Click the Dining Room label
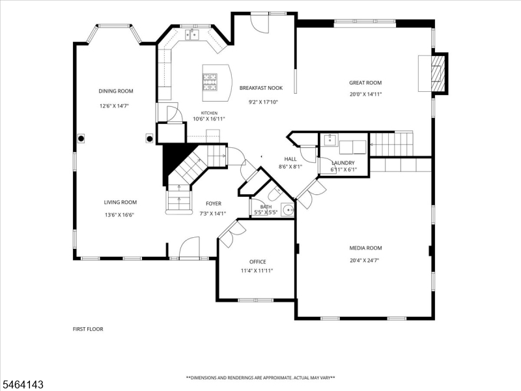click(x=116, y=91)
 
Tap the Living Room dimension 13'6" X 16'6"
click(x=119, y=215)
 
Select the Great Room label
click(x=365, y=83)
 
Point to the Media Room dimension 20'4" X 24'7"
click(x=365, y=261)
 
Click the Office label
click(x=257, y=262)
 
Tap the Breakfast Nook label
click(x=261, y=88)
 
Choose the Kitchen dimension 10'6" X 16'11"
click(x=209, y=119)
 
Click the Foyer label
click(x=214, y=204)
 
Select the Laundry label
click(x=343, y=163)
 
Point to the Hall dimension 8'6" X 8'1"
click(x=290, y=167)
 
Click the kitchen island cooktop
click(x=210, y=82)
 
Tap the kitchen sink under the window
click(x=192, y=35)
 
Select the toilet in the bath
click(x=275, y=194)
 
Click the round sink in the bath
click(x=287, y=210)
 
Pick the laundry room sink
click(x=330, y=140)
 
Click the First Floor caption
click(x=88, y=329)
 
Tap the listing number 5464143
click(x=22, y=385)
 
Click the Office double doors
click(x=232, y=234)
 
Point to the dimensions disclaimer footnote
click(x=260, y=378)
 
